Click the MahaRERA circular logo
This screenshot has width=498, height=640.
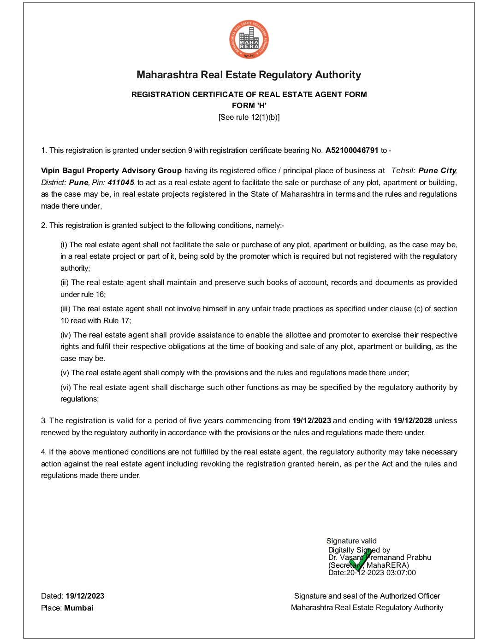[249, 40]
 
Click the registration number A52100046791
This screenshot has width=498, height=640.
[352, 151]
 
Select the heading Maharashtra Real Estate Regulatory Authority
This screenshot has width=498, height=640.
[249, 75]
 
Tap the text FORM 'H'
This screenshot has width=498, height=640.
[249, 105]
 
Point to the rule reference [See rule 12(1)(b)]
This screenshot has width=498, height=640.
[249, 117]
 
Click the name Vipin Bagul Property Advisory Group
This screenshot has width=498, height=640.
[111, 171]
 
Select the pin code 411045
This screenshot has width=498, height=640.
[121, 183]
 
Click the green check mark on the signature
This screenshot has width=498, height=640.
[360, 560]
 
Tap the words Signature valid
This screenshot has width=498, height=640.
[351, 541]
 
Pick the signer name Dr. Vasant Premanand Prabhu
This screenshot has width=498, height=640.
[379, 558]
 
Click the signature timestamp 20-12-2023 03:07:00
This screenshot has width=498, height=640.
[381, 573]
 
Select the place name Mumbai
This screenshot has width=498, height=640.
[79, 608]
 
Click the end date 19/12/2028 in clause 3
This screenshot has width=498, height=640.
[413, 421]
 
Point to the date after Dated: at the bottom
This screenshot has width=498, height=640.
[85, 596]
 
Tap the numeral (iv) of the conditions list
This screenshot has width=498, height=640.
[66, 335]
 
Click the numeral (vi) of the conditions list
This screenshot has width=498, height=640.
[66, 388]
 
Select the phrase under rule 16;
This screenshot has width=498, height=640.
[83, 295]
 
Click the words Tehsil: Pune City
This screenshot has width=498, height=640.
[424, 171]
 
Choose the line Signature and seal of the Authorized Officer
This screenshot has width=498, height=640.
[367, 596]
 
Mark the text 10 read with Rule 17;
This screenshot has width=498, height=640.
[96, 321]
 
